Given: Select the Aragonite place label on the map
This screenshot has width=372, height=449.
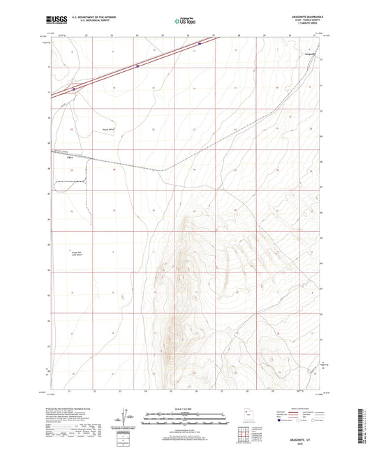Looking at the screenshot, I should point(310,53).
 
